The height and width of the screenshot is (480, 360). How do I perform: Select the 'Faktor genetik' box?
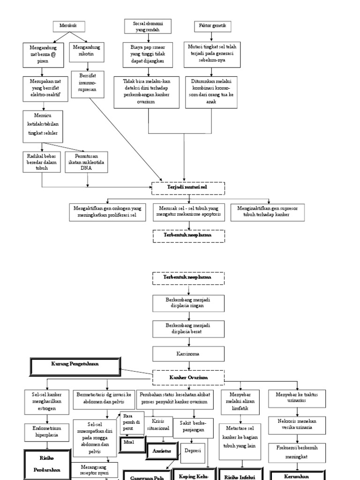(211, 27)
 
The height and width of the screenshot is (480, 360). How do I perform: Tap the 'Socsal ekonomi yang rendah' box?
(148, 26)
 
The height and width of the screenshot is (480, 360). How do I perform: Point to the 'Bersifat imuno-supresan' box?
(87, 84)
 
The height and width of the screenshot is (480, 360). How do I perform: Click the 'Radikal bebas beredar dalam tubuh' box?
(42, 162)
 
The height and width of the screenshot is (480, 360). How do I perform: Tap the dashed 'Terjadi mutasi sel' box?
(188, 187)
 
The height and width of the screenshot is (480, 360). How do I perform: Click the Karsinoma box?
(188, 354)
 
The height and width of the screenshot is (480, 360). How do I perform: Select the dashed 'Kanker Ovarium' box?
(188, 377)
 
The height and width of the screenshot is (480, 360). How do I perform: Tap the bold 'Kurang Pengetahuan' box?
(75, 365)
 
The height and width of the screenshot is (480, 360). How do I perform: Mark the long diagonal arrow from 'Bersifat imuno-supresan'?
(127, 140)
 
